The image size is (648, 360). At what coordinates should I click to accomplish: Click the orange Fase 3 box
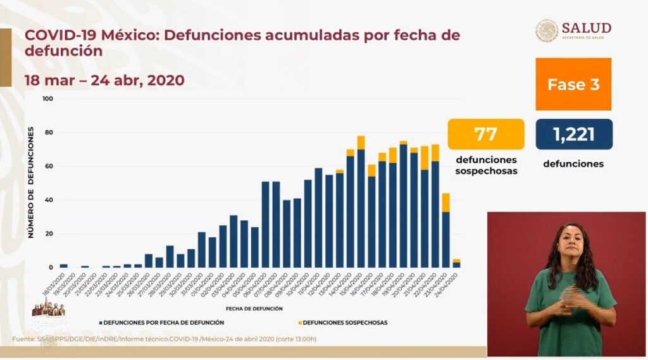tap(573, 84)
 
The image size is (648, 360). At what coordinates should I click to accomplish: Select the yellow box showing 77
tap(486, 134)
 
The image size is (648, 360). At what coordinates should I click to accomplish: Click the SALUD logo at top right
tap(573, 30)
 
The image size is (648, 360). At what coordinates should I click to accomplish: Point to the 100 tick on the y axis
tap(48, 99)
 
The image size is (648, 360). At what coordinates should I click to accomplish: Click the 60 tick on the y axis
tap(49, 166)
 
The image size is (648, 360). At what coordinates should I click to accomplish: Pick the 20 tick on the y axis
tap(49, 234)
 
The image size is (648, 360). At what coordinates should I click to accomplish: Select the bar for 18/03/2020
tap(63, 266)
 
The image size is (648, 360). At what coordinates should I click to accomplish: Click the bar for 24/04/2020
tap(456, 264)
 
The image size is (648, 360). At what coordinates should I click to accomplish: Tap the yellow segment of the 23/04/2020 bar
tap(445, 202)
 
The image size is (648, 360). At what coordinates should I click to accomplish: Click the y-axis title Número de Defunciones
tap(30, 182)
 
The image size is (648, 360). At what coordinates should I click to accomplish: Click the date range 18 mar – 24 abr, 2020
tap(104, 80)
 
